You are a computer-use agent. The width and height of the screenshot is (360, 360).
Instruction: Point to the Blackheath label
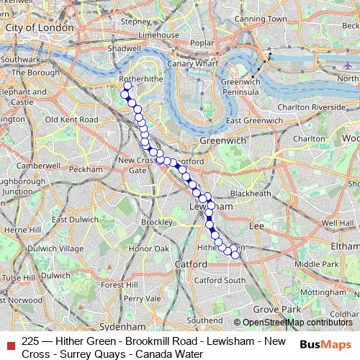pyautogui.click(x=251, y=194)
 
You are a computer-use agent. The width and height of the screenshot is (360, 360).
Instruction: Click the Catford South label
pyautogui.click(x=220, y=280)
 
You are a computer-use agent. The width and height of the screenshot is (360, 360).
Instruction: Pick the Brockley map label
pyautogui.click(x=157, y=222)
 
